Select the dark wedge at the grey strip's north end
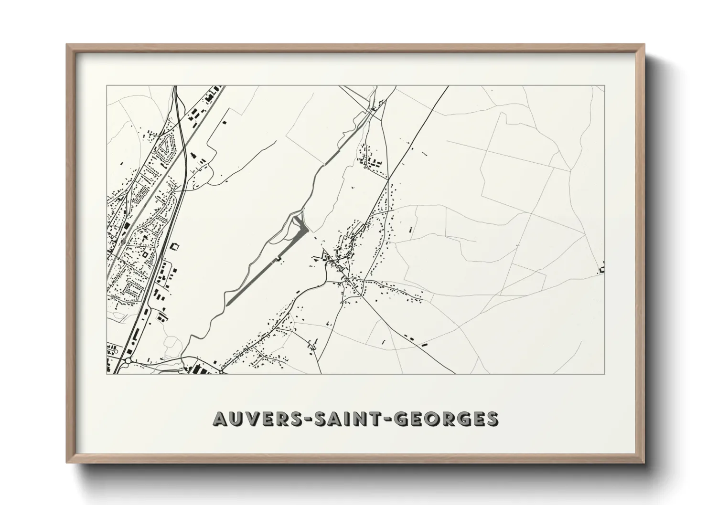point(300,222)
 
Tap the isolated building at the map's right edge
point(602,268)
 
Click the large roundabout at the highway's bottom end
point(128,362)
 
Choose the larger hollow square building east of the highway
point(174,247)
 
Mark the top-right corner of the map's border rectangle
point(605,85)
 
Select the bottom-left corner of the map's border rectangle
point(107,374)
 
